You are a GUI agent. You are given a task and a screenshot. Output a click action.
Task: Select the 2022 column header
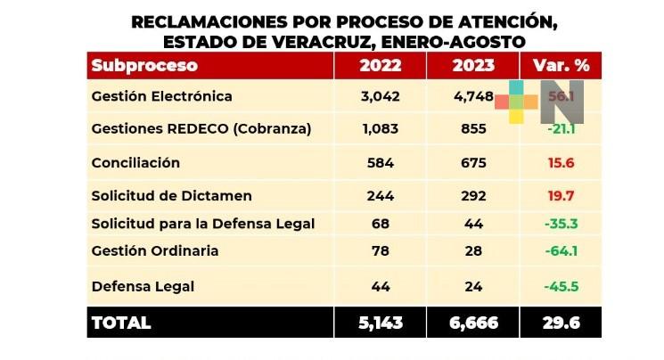(380, 65)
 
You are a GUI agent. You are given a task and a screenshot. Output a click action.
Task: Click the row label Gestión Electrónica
(162, 96)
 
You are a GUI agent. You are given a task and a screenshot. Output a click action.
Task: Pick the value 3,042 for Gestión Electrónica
(380, 96)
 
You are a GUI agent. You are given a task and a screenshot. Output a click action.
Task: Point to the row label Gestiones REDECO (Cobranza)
(201, 129)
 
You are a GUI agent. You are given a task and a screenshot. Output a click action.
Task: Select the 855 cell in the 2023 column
(473, 129)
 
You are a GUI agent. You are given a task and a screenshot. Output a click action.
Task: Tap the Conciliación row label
(136, 162)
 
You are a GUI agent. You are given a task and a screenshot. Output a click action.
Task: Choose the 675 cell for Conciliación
(473, 162)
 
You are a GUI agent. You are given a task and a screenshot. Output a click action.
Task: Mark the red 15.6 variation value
(561, 162)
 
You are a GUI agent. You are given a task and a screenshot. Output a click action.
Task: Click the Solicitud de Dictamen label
(172, 195)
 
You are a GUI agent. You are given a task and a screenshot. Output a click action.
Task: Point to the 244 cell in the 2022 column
(380, 195)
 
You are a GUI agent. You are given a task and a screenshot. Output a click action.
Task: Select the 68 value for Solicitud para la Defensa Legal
(380, 222)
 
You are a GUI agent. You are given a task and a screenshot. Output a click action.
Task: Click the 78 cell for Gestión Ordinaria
(380, 250)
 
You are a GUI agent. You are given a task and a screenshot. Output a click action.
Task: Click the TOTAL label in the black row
(121, 322)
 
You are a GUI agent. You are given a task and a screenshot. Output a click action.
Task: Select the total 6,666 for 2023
(471, 322)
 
